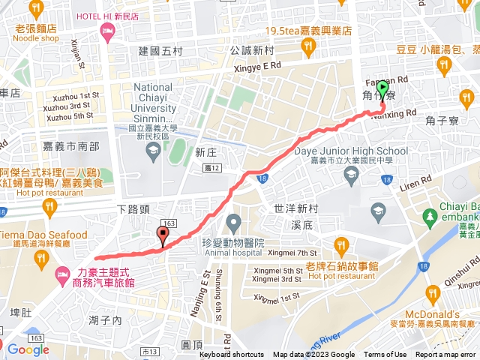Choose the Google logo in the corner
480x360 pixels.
[x=27, y=349]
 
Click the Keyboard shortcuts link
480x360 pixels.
[x=232, y=355]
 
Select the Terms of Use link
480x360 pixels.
[x=385, y=355]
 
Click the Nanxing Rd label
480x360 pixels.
[x=394, y=113]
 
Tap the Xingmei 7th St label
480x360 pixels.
[x=291, y=253]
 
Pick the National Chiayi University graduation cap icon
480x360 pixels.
[x=153, y=150]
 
